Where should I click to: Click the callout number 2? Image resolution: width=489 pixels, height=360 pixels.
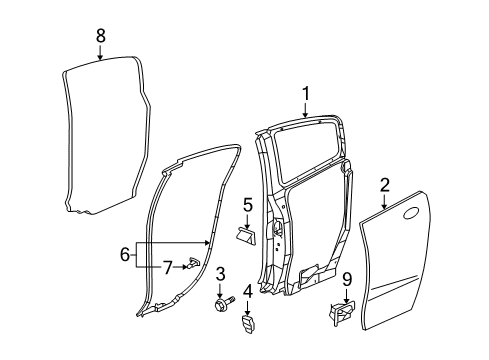(x=384, y=184)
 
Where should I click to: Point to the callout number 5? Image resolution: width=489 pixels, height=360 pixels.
(x=246, y=205)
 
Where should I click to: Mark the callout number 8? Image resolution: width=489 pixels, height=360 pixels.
(x=100, y=37)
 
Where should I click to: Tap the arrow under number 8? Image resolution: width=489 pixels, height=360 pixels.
(x=100, y=54)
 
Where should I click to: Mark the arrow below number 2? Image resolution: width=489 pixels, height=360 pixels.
(x=384, y=200)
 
